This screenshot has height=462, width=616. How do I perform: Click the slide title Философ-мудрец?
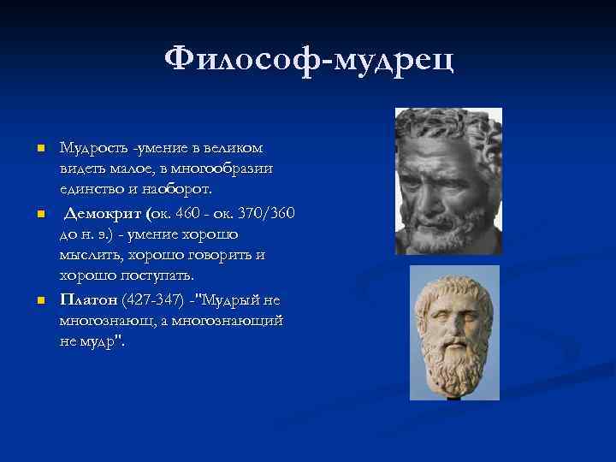click(309, 61)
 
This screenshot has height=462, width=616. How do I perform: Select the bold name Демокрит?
click(104, 212)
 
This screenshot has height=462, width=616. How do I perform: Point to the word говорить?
click(222, 256)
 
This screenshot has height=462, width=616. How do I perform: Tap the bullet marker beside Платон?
click(39, 300)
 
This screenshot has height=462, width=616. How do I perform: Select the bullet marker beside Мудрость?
click(39, 150)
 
